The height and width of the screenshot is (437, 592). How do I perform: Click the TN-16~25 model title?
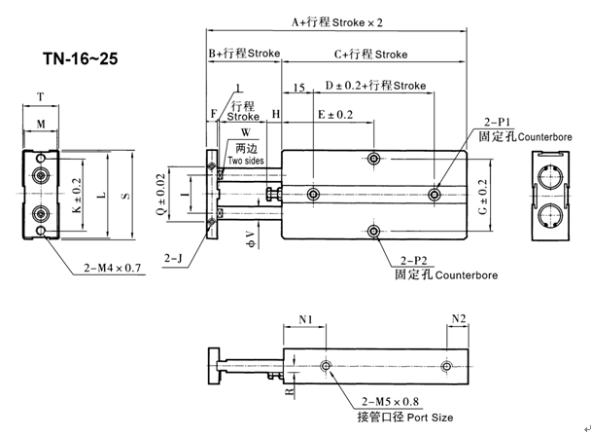(x=81, y=58)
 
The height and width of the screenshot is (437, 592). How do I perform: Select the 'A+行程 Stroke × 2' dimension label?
(x=337, y=22)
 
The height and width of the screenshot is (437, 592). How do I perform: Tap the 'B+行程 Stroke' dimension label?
(x=244, y=54)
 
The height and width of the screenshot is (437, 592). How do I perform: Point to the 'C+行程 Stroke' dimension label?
(x=370, y=55)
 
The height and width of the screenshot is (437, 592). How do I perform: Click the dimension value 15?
(x=299, y=88)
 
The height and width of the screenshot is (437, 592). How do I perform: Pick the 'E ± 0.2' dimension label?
(x=335, y=114)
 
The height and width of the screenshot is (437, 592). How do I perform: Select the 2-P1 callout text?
(x=498, y=122)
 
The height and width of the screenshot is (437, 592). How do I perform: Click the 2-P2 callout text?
(x=414, y=261)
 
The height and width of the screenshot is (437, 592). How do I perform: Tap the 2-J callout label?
(x=173, y=259)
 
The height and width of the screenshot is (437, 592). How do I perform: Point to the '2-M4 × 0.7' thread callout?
(x=112, y=268)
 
